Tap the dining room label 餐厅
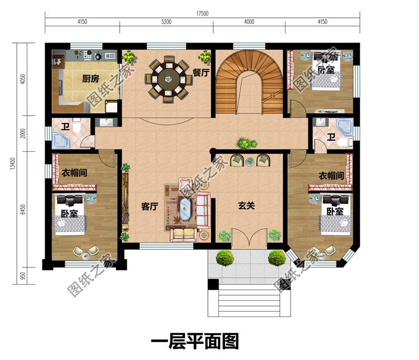tap(201, 72)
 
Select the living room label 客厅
tap(149, 207)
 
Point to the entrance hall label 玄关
tap(246, 206)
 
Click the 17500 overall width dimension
tap(202, 13)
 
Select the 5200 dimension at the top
tap(166, 22)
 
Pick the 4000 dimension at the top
tap(249, 22)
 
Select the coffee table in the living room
tap(185, 212)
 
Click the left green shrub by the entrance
tap(225, 257)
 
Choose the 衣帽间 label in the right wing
tap(330, 175)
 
